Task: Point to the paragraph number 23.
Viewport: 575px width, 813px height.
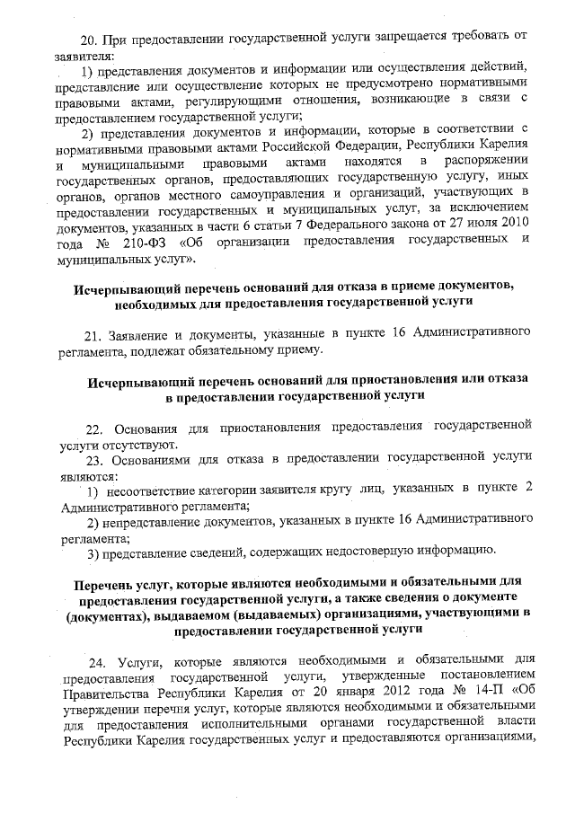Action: coord(96,460)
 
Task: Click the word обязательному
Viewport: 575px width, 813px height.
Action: coord(236,351)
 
